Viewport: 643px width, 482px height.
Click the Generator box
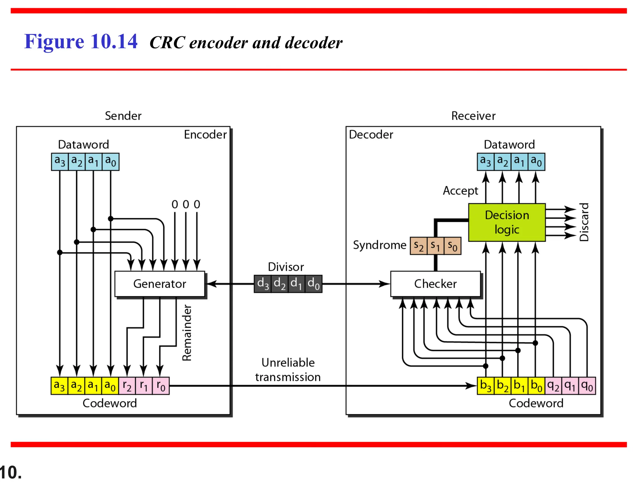click(x=159, y=284)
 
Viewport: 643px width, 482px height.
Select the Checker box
click(x=435, y=284)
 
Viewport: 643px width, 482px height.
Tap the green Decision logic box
click(x=507, y=222)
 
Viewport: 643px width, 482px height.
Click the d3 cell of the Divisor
click(x=263, y=284)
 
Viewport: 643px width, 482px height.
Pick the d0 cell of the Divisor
click(x=313, y=284)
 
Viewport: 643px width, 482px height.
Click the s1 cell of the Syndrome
click(x=435, y=246)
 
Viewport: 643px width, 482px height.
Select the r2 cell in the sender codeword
click(x=127, y=386)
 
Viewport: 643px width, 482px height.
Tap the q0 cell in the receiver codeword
click(x=587, y=386)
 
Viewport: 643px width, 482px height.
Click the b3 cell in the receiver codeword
click(x=485, y=386)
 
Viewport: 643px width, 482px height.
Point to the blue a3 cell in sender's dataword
click(x=60, y=162)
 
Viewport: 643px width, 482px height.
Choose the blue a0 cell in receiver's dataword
click(x=536, y=162)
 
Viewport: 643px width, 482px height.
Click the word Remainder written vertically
click(x=187, y=333)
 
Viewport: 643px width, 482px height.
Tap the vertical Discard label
click(x=584, y=222)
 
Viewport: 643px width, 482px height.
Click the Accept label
click(x=460, y=191)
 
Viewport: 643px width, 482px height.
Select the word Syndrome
click(x=379, y=245)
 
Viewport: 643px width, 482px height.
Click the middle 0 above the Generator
click(x=186, y=205)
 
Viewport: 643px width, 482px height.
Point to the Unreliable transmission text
click(x=288, y=370)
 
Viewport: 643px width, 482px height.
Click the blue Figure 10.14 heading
click(x=81, y=41)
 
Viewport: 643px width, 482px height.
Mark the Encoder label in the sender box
click(x=205, y=135)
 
